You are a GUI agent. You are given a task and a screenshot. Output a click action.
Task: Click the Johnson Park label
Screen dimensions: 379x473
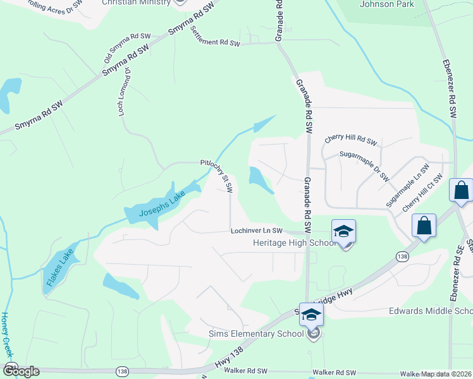(386, 4)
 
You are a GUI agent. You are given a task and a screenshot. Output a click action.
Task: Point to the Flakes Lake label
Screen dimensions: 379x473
(59, 269)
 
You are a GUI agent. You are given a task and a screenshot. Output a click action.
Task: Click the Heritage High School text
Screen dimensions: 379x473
(294, 243)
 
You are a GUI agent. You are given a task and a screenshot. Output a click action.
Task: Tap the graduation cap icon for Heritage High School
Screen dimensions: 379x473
(343, 231)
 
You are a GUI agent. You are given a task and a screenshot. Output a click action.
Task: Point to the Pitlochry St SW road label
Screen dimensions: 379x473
(218, 174)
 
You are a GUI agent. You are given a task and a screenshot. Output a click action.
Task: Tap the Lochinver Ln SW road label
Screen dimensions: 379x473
(256, 232)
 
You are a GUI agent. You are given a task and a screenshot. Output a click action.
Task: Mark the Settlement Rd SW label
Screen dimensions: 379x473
(216, 39)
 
